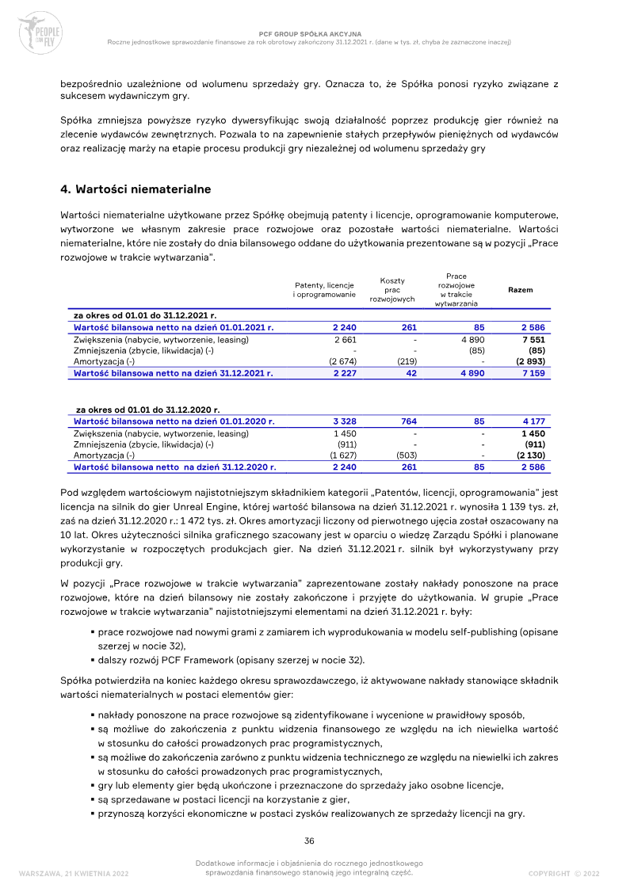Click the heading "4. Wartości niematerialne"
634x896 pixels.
click(x=136, y=189)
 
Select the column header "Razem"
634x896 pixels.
click(x=520, y=290)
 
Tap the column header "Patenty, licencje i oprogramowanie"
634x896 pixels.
click(x=324, y=290)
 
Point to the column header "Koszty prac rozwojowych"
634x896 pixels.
click(x=392, y=290)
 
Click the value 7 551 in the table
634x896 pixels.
click(x=531, y=339)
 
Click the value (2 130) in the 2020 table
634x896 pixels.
click(x=529, y=456)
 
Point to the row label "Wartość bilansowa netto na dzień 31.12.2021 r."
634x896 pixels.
click(x=174, y=372)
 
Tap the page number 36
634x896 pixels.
click(x=311, y=841)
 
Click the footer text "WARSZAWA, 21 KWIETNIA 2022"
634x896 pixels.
click(x=74, y=873)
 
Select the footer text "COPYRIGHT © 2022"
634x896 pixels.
click(x=563, y=873)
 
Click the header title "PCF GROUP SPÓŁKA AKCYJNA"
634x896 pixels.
click(x=310, y=34)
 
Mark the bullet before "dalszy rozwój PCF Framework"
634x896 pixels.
click(x=93, y=661)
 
